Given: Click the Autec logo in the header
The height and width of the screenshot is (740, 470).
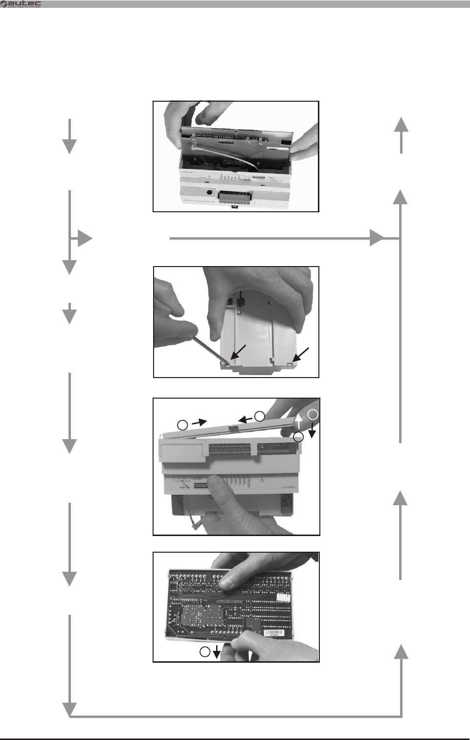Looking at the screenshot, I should (x=21, y=4).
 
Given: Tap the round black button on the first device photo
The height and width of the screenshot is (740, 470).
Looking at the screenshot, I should (x=210, y=192).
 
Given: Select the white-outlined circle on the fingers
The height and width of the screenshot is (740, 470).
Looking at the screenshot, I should (x=313, y=414).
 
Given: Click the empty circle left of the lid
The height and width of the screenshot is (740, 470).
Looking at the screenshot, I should (x=182, y=425).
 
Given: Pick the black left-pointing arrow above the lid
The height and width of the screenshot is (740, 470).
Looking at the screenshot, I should (x=246, y=419).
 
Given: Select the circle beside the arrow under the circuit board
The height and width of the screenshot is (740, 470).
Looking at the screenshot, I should (x=205, y=651).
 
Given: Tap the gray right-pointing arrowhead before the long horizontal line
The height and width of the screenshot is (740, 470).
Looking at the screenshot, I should (x=85, y=239).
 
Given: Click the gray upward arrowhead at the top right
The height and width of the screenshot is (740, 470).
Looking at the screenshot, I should (x=401, y=124).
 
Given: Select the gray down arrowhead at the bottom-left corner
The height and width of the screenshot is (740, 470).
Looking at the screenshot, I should (x=70, y=709).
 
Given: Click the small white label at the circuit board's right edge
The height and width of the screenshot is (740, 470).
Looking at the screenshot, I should (x=282, y=597).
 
